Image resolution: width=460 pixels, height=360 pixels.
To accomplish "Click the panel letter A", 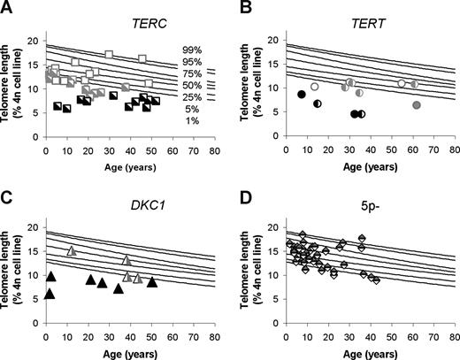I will click(7, 8).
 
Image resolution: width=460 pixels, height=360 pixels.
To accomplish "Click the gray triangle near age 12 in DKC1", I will click(72, 250).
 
